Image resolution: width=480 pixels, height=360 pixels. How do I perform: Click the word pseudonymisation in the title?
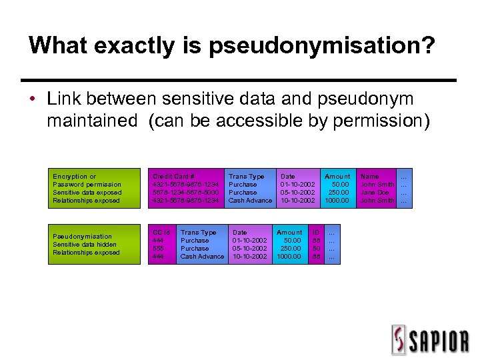point(321,46)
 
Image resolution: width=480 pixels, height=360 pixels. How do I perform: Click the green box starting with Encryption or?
point(94,189)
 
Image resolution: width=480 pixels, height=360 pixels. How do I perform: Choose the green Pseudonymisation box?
point(94,245)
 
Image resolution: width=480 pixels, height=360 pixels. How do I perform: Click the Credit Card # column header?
point(173,177)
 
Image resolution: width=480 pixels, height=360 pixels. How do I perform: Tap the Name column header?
point(369,177)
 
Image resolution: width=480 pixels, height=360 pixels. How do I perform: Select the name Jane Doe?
point(375,193)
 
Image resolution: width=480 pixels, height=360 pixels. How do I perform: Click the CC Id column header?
point(161,233)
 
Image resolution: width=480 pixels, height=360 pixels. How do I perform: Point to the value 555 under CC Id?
point(159,249)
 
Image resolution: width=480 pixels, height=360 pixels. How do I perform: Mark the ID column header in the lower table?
point(316,233)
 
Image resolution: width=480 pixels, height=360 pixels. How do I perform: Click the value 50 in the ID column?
point(316,249)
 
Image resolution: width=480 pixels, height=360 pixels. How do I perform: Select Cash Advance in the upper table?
point(250,201)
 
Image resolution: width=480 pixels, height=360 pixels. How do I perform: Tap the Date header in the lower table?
point(239,233)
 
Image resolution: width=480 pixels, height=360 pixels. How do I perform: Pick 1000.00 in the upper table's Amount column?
point(337,201)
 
